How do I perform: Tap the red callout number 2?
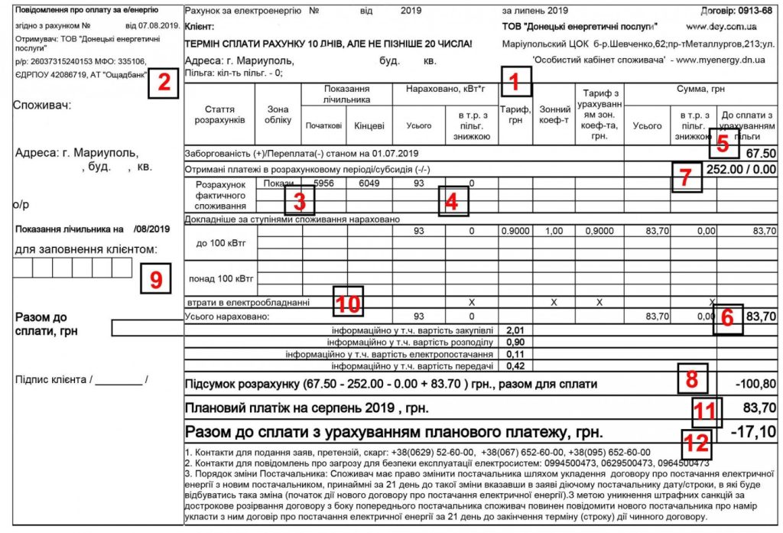coord(163,83)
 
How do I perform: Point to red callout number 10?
coord(349,301)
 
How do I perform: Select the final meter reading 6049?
coord(369,184)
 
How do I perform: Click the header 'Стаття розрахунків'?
coord(226,115)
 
